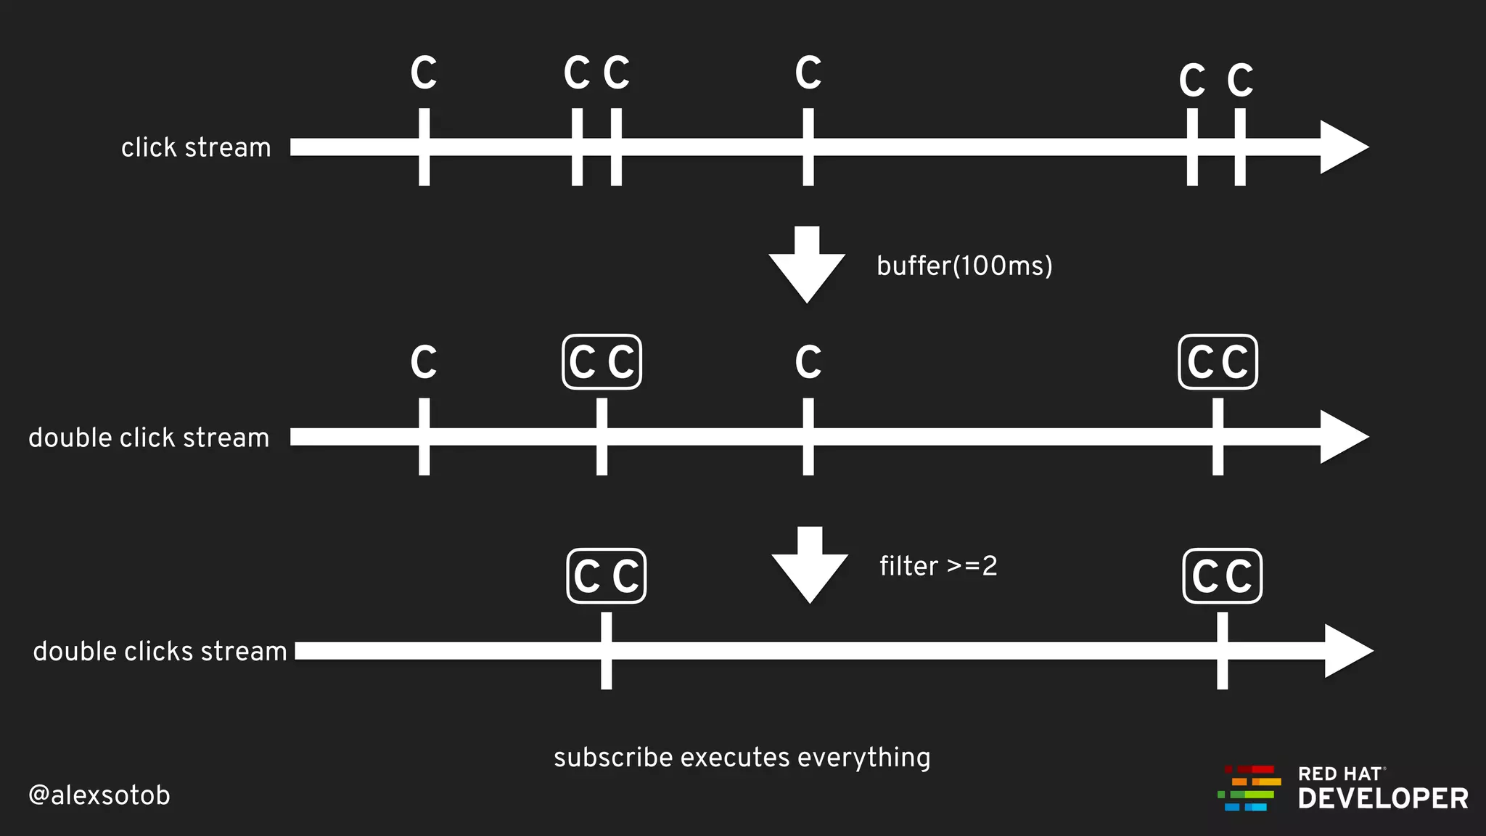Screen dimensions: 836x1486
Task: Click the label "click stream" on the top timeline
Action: pos(196,147)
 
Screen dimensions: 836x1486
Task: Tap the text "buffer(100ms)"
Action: pos(964,266)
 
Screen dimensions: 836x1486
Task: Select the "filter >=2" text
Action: pos(938,566)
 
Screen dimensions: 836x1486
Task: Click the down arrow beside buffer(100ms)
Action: pos(807,265)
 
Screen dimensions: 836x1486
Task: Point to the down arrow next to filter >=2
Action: pos(810,565)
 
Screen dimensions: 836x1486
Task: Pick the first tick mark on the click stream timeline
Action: pos(424,147)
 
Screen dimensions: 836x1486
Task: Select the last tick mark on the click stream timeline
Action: pos(1240,147)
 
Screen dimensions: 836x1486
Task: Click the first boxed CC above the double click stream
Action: pos(602,362)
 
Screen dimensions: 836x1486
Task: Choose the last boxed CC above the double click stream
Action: pos(1218,362)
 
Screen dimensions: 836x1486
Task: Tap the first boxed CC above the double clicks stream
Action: pos(607,576)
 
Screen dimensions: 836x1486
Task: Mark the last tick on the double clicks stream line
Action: pos(1223,651)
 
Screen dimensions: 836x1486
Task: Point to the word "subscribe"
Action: pos(613,758)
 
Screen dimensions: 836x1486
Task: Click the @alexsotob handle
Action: pos(99,795)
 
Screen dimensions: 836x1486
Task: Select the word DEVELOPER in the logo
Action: pos(1383,799)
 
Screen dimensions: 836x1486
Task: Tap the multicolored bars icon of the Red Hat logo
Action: pos(1249,788)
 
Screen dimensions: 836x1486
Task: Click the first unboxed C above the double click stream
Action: pos(424,362)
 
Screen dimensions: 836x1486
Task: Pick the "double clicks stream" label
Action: pos(160,652)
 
